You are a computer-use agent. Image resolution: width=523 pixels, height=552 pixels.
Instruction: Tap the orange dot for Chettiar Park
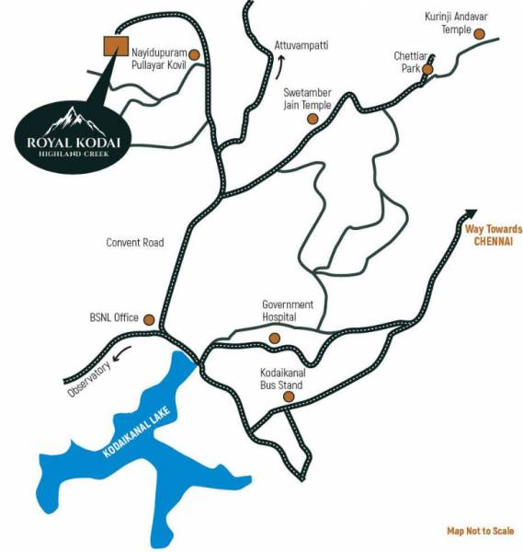point(427,68)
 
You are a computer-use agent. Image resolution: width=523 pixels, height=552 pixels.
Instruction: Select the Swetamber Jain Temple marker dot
point(313,119)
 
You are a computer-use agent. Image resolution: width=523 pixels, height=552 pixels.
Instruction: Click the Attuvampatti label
point(301,44)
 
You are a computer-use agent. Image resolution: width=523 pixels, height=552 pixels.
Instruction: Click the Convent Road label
point(134,243)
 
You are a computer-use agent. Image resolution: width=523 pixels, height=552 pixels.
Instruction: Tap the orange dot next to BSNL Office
point(150,318)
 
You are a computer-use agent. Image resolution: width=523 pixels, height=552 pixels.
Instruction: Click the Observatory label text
point(87,378)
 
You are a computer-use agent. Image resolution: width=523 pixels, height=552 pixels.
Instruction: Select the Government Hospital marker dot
point(274,340)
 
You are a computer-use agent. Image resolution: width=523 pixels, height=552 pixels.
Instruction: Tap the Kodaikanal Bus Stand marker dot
point(288,397)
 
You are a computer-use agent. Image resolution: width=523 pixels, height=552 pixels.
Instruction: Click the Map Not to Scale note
point(480,531)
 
